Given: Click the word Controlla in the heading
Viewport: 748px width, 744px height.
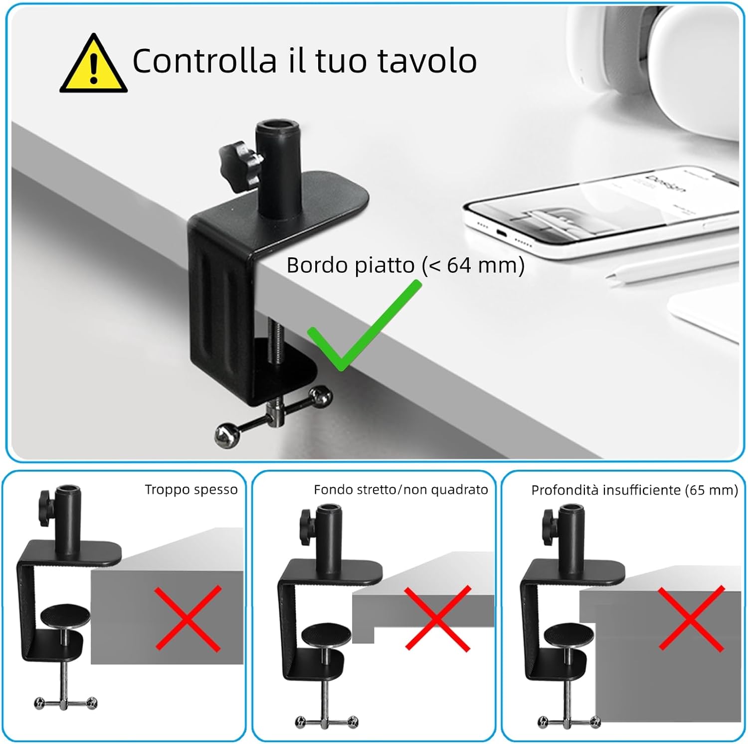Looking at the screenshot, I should point(204,61).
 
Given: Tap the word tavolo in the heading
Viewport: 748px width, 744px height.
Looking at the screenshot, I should point(427,61).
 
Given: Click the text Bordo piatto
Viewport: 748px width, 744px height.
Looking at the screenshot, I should point(351,265).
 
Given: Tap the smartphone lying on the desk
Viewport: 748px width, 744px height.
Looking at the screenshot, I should point(598,209).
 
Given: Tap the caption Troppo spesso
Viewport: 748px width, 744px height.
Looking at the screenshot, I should point(191,490).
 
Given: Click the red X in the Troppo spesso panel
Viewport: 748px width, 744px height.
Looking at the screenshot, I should point(187,618).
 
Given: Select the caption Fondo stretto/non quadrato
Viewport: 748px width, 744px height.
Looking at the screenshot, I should point(400,490).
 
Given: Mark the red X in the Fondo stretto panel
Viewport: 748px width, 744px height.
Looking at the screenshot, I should point(437,618).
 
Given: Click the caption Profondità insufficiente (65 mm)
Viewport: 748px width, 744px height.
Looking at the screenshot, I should point(634,490).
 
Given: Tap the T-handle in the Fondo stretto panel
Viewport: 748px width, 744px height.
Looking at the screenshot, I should point(326,721).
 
